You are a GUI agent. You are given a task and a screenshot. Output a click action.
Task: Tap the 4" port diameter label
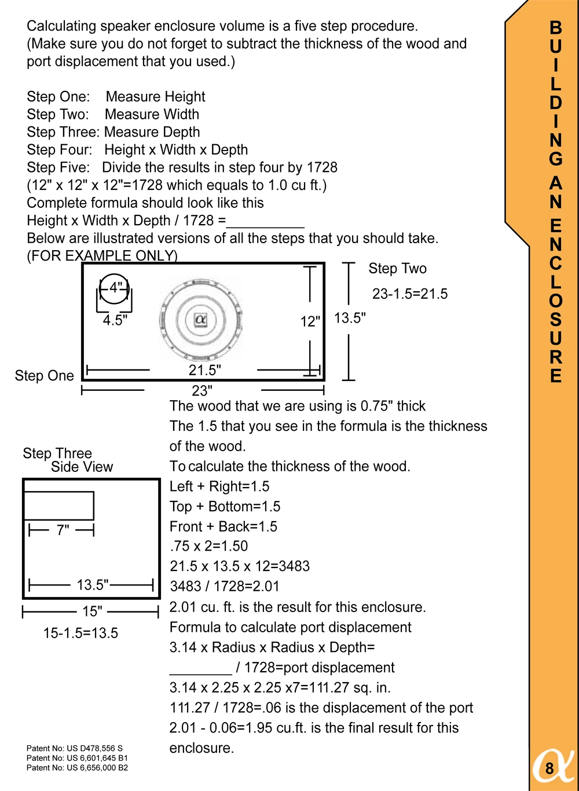(116, 287)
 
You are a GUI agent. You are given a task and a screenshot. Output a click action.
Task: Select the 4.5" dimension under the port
(115, 320)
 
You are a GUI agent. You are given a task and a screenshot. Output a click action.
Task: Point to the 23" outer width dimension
(202, 391)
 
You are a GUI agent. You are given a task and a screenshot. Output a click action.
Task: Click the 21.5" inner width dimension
(204, 370)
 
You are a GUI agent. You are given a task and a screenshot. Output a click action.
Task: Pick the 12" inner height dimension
(310, 321)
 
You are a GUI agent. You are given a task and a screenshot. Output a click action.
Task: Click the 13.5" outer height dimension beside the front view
(350, 318)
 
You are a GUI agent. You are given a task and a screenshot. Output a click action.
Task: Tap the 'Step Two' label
(397, 269)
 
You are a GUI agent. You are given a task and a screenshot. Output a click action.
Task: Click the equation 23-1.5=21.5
(410, 294)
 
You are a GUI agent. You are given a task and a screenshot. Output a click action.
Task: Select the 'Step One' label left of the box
(44, 376)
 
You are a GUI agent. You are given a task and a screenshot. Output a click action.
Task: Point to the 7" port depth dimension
(63, 530)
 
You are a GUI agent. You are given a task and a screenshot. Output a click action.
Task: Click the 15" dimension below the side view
(91, 611)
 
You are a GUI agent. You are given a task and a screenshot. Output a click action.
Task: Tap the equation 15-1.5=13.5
(80, 633)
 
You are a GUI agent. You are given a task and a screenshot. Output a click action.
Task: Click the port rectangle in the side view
(58, 506)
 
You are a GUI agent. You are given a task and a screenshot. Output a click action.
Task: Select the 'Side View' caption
(82, 467)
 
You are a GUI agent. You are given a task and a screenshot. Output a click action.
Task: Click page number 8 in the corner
(549, 769)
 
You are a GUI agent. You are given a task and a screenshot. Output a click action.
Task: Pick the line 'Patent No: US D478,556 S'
(75, 748)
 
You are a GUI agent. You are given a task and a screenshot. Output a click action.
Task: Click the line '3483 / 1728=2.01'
(225, 587)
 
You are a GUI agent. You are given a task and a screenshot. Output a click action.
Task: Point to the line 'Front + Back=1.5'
(223, 526)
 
